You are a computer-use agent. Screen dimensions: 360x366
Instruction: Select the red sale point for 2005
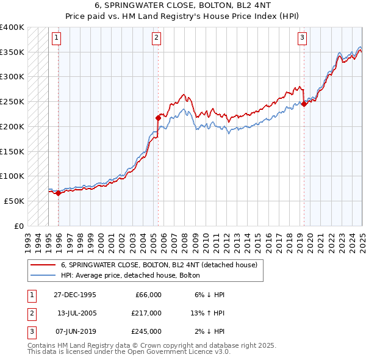click(158, 117)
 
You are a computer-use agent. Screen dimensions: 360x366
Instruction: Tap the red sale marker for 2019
click(304, 104)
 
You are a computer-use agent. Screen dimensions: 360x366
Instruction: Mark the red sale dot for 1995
click(58, 193)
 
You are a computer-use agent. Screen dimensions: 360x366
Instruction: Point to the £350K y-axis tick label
click(12, 52)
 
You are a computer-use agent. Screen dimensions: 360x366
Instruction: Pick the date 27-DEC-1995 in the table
click(75, 295)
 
